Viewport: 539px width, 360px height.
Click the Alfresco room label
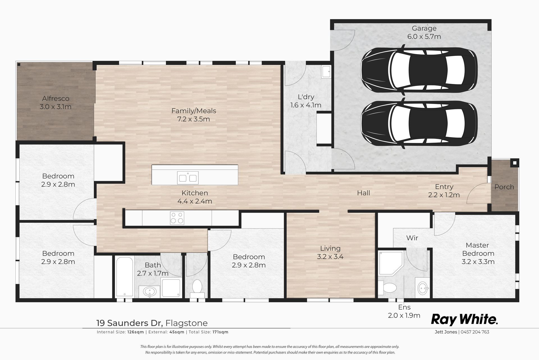56,99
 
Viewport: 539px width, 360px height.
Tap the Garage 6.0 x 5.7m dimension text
424,37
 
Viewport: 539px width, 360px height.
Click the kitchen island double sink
188,178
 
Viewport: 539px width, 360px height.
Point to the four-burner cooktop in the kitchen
177,218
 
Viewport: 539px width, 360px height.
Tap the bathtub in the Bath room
125,276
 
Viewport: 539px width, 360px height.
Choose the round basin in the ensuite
423,287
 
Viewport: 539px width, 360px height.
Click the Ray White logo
464,320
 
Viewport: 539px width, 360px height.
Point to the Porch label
504,187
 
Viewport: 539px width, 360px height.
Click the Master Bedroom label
478,249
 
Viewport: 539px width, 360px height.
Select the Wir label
412,238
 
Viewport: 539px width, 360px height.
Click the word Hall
364,193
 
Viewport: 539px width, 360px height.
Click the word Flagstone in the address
187,323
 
